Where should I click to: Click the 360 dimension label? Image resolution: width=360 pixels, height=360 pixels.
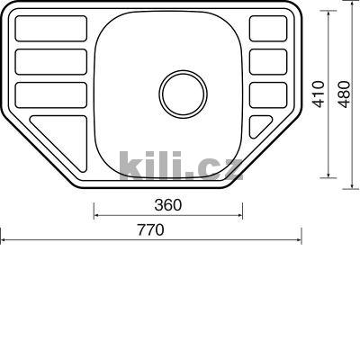coord(168,205)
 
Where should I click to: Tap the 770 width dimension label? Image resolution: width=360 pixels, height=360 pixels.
coord(151,230)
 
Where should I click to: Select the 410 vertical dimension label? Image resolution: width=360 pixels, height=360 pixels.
coord(319,94)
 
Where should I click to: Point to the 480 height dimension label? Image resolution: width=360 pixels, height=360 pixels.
coord(344,94)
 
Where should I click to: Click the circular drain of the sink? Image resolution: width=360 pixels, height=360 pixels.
coord(183,94)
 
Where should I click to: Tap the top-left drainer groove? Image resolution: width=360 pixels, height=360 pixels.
coord(51,29)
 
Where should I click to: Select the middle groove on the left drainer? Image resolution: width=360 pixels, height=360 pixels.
coord(51,62)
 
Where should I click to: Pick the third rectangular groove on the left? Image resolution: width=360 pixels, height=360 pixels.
coord(51,94)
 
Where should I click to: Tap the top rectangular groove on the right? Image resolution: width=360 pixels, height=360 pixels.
coord(268,29)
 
